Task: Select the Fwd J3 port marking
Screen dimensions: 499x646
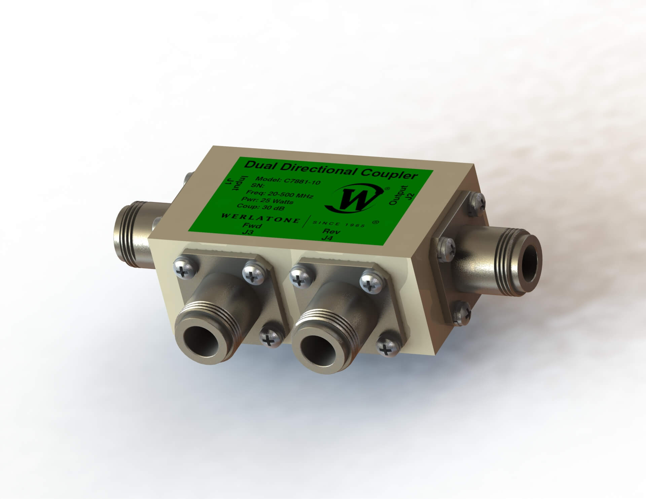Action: point(252,229)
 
